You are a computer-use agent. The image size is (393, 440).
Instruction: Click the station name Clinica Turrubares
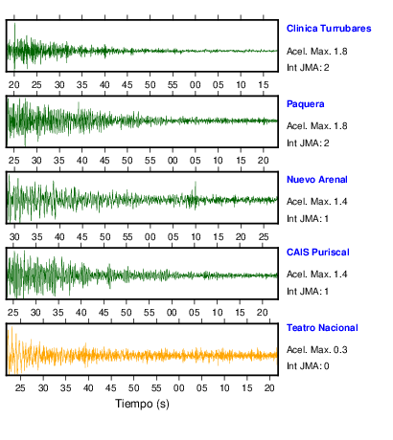coord(329,29)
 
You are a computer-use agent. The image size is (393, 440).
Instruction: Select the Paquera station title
coord(306,104)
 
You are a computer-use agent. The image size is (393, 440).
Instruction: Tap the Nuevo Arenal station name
coord(317,180)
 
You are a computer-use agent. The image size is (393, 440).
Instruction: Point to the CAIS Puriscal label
coord(318,253)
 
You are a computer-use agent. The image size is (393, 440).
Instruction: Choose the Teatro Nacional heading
coord(322,328)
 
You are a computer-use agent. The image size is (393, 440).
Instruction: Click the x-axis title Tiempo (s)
coord(142,404)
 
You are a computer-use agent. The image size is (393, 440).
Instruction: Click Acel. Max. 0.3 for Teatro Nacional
coord(317,350)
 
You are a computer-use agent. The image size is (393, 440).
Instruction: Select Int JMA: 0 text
coord(308,365)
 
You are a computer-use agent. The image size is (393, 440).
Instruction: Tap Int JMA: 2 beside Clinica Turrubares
coord(308,67)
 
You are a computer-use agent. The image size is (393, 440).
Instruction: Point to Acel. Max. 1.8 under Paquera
coord(317,126)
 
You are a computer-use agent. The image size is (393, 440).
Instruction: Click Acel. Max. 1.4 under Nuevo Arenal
coord(317,202)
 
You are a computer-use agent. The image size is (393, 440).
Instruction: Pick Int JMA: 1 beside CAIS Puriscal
coord(308,291)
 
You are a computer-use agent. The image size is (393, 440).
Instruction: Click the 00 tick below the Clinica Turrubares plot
coord(196,85)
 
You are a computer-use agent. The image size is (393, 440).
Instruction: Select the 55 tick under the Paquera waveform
coord(150,160)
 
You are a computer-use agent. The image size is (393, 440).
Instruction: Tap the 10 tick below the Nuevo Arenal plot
coord(196,237)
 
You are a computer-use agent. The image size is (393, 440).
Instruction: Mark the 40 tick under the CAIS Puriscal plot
coord(81,312)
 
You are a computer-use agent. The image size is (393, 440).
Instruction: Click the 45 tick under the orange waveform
coord(111,387)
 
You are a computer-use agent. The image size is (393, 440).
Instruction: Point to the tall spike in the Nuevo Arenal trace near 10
coord(196,188)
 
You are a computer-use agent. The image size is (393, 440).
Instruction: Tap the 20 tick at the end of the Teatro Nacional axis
coord(269,387)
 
